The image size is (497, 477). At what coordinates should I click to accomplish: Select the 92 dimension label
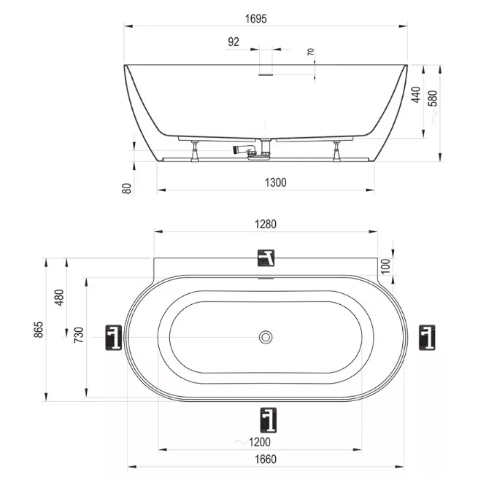tap(234, 42)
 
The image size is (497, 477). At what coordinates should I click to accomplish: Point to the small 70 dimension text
tap(311, 53)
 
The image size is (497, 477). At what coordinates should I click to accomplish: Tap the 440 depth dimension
tap(416, 94)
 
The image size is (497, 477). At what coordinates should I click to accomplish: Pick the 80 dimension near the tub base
tap(126, 188)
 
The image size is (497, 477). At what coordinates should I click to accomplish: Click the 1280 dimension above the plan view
tap(266, 224)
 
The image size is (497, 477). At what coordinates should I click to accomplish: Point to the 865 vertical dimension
tap(39, 330)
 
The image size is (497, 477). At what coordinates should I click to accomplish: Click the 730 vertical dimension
tap(80, 336)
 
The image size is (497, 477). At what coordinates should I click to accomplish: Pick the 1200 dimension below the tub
tap(259, 441)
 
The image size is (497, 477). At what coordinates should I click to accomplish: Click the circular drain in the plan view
tap(266, 336)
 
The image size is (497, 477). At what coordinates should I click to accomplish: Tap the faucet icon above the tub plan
tap(266, 257)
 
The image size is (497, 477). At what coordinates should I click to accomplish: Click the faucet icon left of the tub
tap(113, 338)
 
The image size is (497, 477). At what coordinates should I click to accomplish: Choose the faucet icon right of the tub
tap(427, 337)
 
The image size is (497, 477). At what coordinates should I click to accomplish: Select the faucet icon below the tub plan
tap(269, 419)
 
